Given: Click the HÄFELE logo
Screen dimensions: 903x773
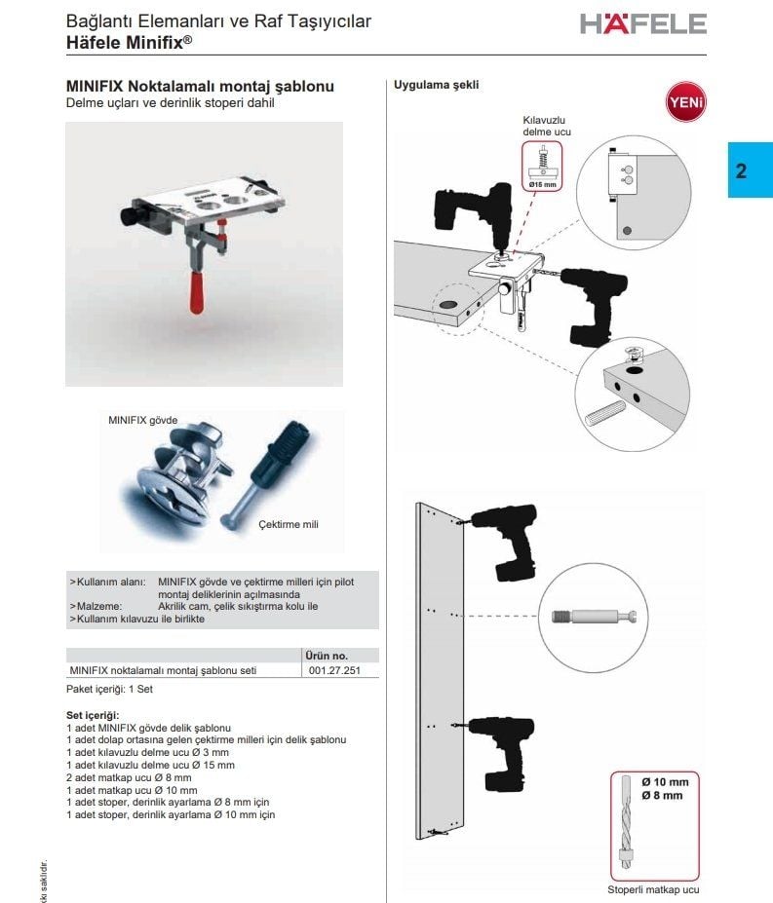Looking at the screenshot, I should click(x=642, y=23).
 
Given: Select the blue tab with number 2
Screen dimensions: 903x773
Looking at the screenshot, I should click(x=750, y=170).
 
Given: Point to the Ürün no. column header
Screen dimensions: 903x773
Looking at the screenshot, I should click(x=327, y=656).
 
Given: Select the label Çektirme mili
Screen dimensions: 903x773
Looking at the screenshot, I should click(x=288, y=524).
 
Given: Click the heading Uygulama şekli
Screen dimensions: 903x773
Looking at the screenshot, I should click(x=436, y=86).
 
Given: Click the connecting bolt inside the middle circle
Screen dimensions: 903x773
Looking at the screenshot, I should click(x=598, y=617).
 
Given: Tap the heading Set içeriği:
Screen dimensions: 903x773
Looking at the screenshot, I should click(x=92, y=715).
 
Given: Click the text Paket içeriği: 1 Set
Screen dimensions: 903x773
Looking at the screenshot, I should click(x=110, y=689).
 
